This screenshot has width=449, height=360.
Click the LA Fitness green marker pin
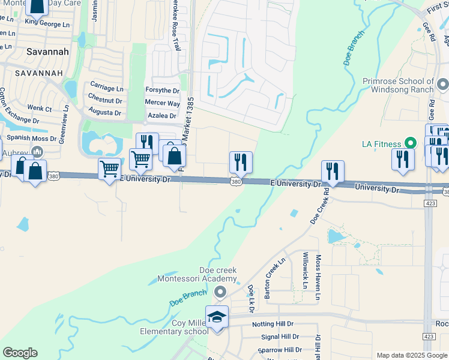coord(411,143)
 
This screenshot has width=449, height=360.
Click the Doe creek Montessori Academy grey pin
coord(220,292)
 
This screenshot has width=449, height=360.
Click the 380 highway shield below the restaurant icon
coord(237,181)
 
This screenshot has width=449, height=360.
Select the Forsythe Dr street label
coord(163,91)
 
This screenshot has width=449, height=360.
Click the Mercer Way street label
coord(162,103)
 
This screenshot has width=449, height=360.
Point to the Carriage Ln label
coord(106,86)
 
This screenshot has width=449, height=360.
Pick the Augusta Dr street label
coord(104,112)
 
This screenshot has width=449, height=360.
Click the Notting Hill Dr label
coord(276,324)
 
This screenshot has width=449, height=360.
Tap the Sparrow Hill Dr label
coord(280,350)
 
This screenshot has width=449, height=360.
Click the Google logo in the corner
coord(20,353)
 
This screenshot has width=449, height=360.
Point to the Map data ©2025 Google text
coord(411,355)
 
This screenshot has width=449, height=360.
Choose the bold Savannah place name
coord(47,52)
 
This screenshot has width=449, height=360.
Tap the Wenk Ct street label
coord(40,109)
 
